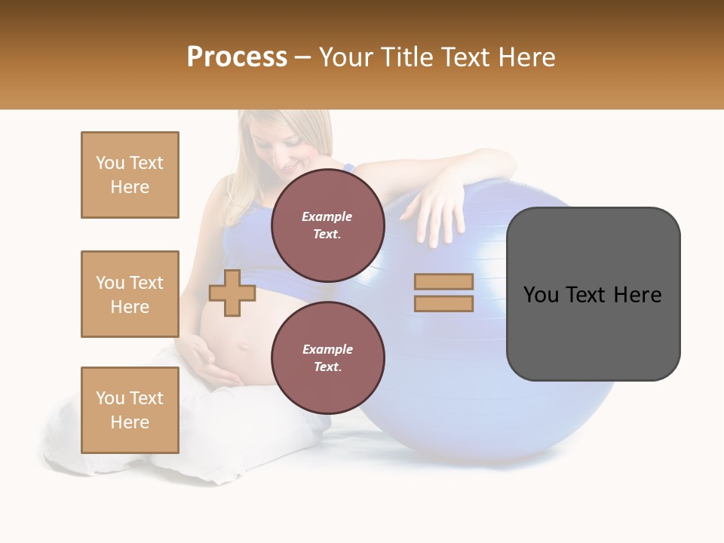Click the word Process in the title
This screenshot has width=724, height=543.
point(237,57)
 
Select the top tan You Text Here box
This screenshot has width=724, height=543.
point(130,175)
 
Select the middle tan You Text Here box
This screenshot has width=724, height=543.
point(130,294)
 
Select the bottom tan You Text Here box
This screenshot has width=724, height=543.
point(130,410)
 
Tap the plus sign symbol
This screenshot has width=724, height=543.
point(232,293)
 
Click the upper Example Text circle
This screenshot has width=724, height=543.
point(328,225)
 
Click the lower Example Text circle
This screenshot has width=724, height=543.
point(328,357)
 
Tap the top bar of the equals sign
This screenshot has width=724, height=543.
point(443,281)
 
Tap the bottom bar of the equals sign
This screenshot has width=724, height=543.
point(443,304)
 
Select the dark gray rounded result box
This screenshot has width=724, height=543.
point(593,294)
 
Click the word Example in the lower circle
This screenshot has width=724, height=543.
point(328,349)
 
